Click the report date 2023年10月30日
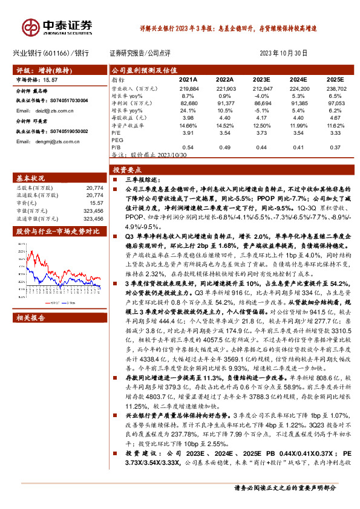pos(284,53)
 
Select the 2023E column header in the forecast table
pos(261,79)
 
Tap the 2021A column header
pos(188,79)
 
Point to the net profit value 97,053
pos(335,105)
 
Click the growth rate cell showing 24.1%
pos(188,111)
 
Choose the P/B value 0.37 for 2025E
pos(335,146)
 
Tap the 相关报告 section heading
pos(28,250)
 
